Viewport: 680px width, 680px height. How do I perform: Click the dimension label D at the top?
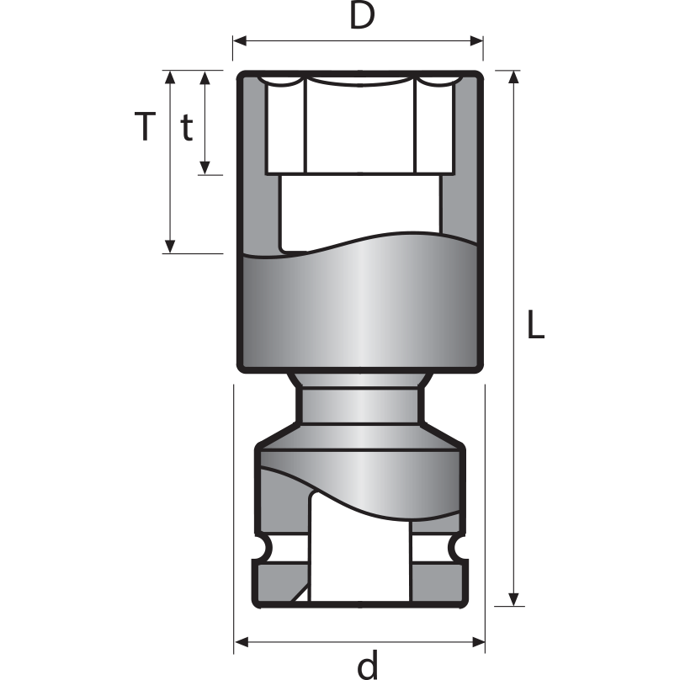click(x=361, y=17)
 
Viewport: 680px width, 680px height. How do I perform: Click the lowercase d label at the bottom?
click(x=368, y=665)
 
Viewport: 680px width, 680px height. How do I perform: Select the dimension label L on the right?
click(x=535, y=325)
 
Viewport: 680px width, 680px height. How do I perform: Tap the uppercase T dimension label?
click(x=146, y=127)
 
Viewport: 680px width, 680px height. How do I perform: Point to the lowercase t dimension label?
click(x=187, y=127)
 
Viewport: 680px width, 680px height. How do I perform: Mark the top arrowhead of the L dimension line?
click(x=513, y=78)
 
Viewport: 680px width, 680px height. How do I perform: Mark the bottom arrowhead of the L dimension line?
click(x=513, y=598)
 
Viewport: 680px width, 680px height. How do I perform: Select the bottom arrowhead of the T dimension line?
click(x=171, y=246)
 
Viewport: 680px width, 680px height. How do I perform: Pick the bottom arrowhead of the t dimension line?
click(x=205, y=167)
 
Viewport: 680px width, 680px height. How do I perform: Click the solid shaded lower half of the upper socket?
click(x=359, y=311)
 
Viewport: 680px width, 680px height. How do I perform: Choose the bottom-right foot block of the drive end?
click(x=438, y=582)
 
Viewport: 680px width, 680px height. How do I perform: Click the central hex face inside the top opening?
click(x=359, y=126)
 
